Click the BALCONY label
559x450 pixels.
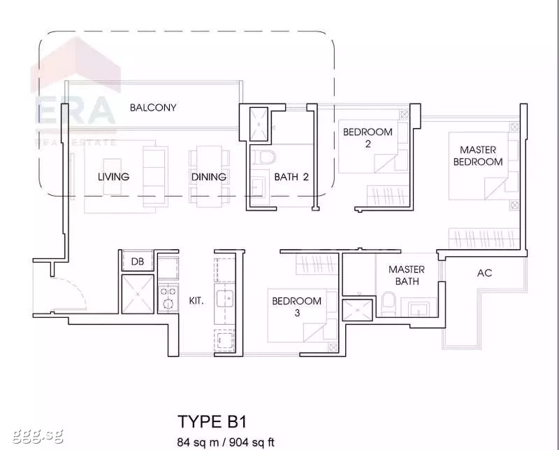point(153,108)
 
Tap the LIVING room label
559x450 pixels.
point(113,177)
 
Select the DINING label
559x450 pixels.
point(209,177)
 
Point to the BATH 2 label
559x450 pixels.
point(291,177)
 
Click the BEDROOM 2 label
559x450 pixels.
point(368,138)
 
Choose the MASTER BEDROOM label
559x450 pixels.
point(478,155)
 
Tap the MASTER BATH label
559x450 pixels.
point(407,275)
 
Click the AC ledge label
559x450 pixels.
point(484,273)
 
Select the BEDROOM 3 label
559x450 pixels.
point(296,307)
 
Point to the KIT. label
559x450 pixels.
point(196,301)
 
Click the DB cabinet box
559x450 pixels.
point(138,261)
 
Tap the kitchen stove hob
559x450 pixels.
point(168,298)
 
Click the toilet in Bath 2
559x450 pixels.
point(266,158)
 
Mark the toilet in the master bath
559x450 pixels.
point(388,304)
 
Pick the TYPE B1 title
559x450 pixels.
point(212,422)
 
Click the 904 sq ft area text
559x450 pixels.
point(252,442)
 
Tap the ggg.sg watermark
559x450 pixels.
point(38,435)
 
